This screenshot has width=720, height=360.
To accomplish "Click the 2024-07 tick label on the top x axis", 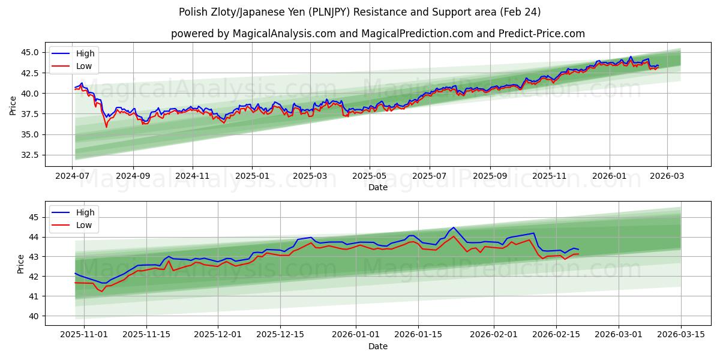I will [73, 176].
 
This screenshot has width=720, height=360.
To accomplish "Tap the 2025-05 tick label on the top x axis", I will [369, 176].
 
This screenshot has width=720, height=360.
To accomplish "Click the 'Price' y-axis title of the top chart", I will [13, 105].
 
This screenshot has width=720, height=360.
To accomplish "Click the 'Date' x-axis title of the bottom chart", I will [378, 346].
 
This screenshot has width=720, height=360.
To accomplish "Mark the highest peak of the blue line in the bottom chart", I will [453, 227].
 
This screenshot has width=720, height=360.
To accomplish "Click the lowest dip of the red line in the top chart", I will [107, 127].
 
